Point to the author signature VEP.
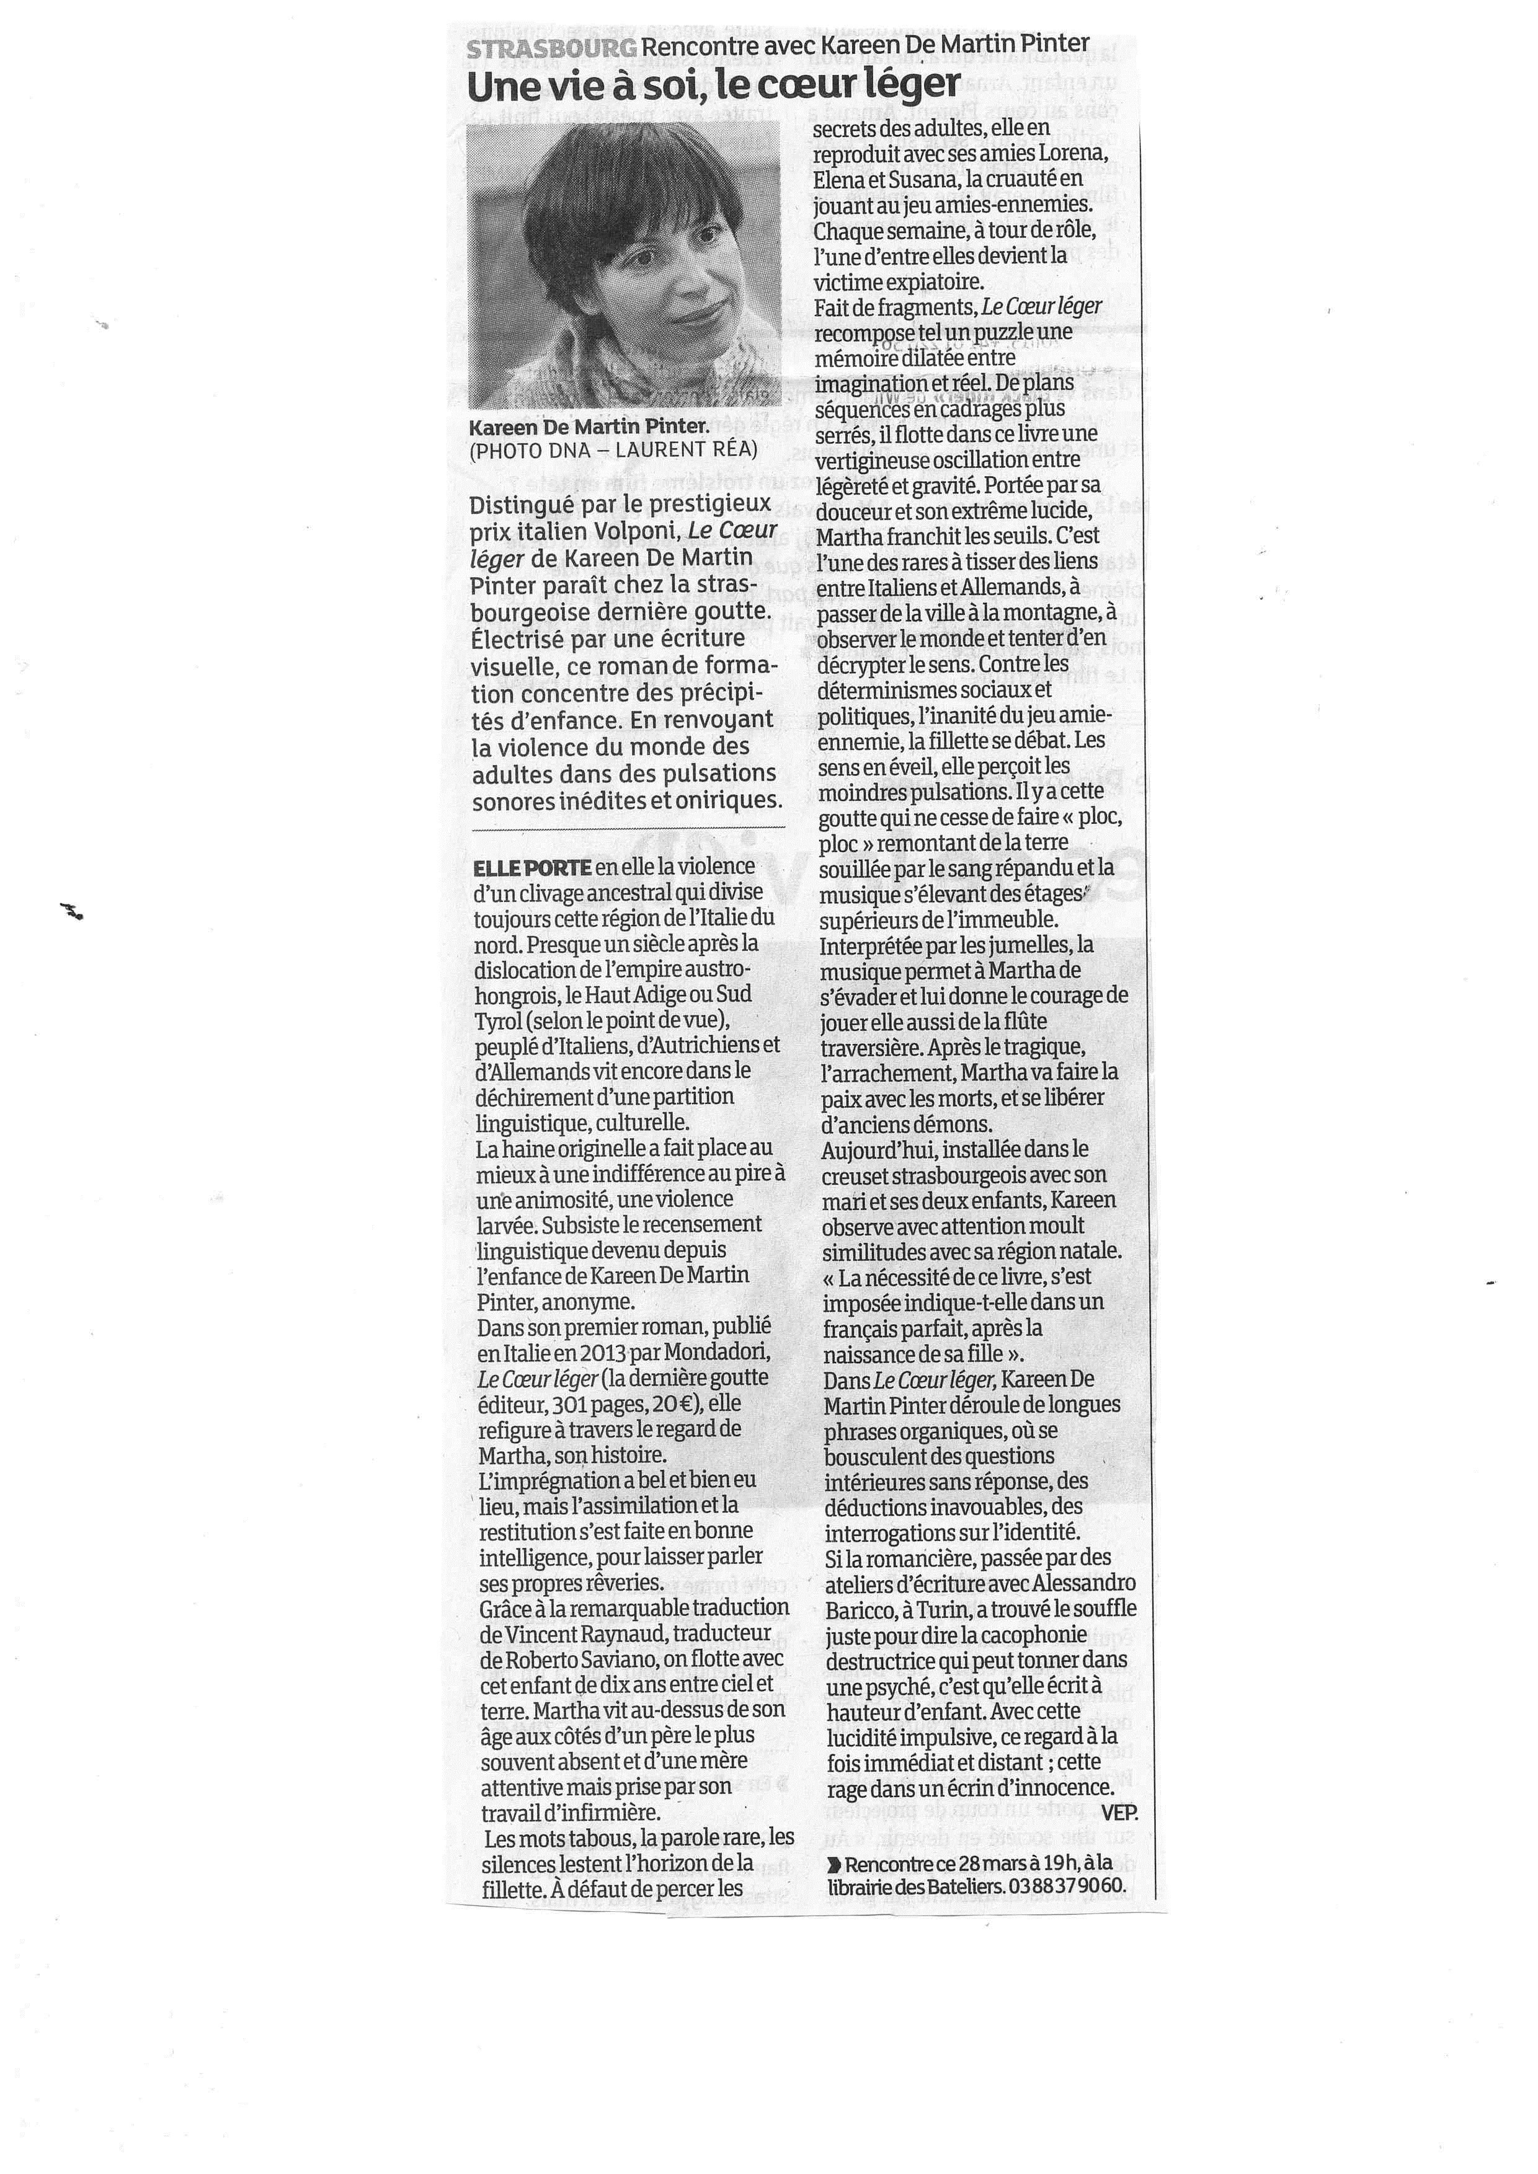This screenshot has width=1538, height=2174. click(1118, 1813)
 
